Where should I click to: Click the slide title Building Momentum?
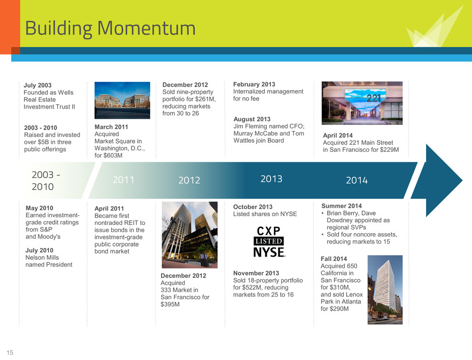coord(110,29)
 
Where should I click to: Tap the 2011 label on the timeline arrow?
coord(123,180)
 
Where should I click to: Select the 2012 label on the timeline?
coord(189,180)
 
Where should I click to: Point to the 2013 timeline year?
coord(271,179)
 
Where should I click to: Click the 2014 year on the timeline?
coord(357,180)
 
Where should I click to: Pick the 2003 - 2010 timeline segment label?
coord(46,180)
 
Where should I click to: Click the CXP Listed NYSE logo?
coord(269,242)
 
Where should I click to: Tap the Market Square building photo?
coord(122,101)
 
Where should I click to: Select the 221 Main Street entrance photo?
coord(362,103)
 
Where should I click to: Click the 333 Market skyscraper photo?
coord(190,235)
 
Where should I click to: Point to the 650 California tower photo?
coord(385,290)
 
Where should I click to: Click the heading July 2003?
coord(38,85)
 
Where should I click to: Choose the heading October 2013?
coord(253,207)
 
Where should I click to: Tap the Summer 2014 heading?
coord(341,206)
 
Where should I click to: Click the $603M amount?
coord(112,156)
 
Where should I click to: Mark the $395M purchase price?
coord(170,304)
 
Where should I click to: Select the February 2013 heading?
coord(254,84)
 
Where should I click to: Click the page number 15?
coord(10,352)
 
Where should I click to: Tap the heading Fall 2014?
coord(334,259)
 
